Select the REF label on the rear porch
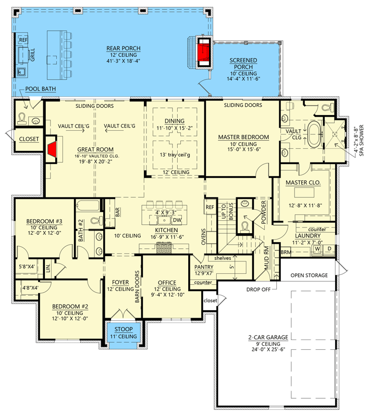tap(23, 40)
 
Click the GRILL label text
tap(32, 55)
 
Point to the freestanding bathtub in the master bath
tap(315, 134)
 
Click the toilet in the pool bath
tap(21, 119)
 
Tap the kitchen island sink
tap(164, 220)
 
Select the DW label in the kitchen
tap(177, 220)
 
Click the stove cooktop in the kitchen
tap(164, 248)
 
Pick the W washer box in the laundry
tap(317, 249)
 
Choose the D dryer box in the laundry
tap(329, 248)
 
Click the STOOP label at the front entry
tap(124, 329)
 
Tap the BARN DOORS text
tap(138, 286)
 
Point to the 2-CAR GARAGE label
tap(268, 337)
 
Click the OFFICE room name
tap(167, 283)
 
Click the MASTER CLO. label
tap(303, 183)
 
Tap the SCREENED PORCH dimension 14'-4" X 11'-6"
tap(243, 79)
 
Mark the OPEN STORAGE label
tap(309, 275)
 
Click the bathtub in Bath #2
tap(88, 206)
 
